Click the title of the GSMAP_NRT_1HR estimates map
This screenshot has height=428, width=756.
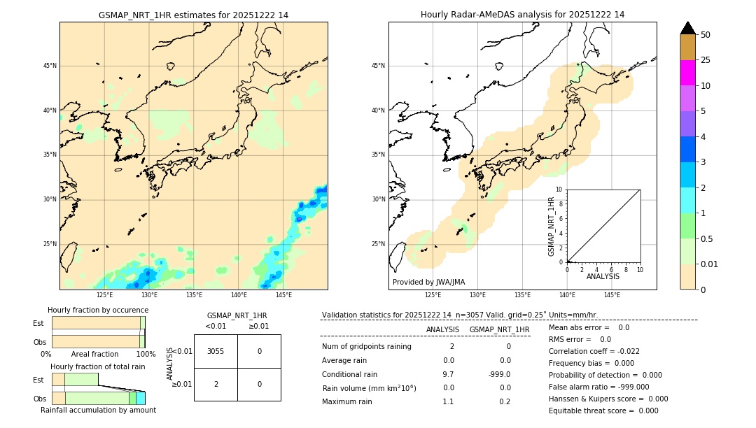point(193,15)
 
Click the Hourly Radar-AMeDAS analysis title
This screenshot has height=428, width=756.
point(522,15)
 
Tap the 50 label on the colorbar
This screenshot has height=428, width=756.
point(706,35)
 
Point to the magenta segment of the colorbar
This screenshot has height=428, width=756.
point(687,73)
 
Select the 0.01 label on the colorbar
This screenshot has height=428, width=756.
point(710,264)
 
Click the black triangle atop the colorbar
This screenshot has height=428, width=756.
point(687,28)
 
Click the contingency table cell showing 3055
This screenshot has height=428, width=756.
point(216,351)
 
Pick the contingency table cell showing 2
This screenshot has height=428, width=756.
point(216,384)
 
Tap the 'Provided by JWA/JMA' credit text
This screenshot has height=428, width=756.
point(428,282)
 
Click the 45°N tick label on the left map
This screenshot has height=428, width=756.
point(50,66)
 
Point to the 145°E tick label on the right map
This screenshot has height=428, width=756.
point(612,295)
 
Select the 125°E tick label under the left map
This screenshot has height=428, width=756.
point(104,295)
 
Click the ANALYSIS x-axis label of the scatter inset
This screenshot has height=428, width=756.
point(603,276)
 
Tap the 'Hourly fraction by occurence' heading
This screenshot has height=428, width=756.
point(98,310)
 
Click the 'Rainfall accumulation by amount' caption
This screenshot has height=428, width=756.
point(98,410)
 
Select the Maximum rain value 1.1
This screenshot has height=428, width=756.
point(448,401)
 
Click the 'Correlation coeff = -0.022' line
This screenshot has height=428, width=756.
point(594,351)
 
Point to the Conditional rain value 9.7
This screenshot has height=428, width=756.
point(448,374)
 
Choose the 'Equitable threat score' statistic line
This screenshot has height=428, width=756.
point(603,411)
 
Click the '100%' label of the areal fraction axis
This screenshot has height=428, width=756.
point(146,354)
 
